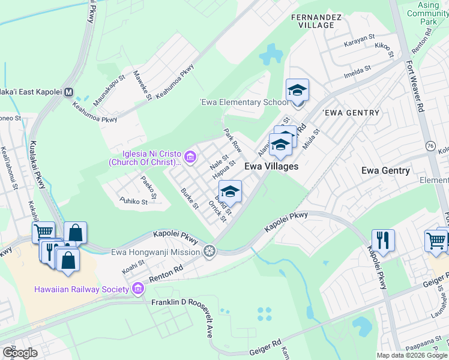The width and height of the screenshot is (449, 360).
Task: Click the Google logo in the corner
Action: (x=20, y=353)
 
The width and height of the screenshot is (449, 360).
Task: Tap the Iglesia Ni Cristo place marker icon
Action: (x=190, y=158)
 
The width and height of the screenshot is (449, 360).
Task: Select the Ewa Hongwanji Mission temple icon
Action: (x=209, y=251)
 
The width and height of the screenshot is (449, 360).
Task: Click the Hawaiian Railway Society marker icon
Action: (x=139, y=289)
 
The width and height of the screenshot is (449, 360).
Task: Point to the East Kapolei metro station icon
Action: (x=68, y=93)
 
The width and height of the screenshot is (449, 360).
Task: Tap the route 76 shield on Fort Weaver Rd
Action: (x=430, y=146)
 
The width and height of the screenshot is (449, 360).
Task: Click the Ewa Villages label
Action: (x=271, y=166)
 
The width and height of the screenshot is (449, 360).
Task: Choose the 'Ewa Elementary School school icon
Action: (x=297, y=91)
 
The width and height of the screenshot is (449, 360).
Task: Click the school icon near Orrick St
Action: (x=230, y=192)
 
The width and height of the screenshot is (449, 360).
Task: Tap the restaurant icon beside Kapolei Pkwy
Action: (x=382, y=241)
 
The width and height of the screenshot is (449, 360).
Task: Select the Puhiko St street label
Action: (x=133, y=201)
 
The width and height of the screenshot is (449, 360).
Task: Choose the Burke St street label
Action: (x=189, y=199)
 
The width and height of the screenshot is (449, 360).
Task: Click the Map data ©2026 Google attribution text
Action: (x=411, y=355)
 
